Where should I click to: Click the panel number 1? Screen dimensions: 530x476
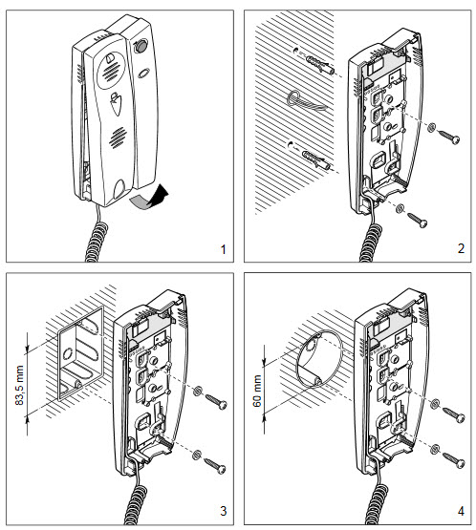point(222,249)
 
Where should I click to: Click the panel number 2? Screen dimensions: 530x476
point(461,249)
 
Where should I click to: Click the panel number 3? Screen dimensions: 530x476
point(222,511)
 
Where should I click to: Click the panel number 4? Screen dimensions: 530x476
point(461,511)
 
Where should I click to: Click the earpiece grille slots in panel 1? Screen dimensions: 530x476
point(111,68)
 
